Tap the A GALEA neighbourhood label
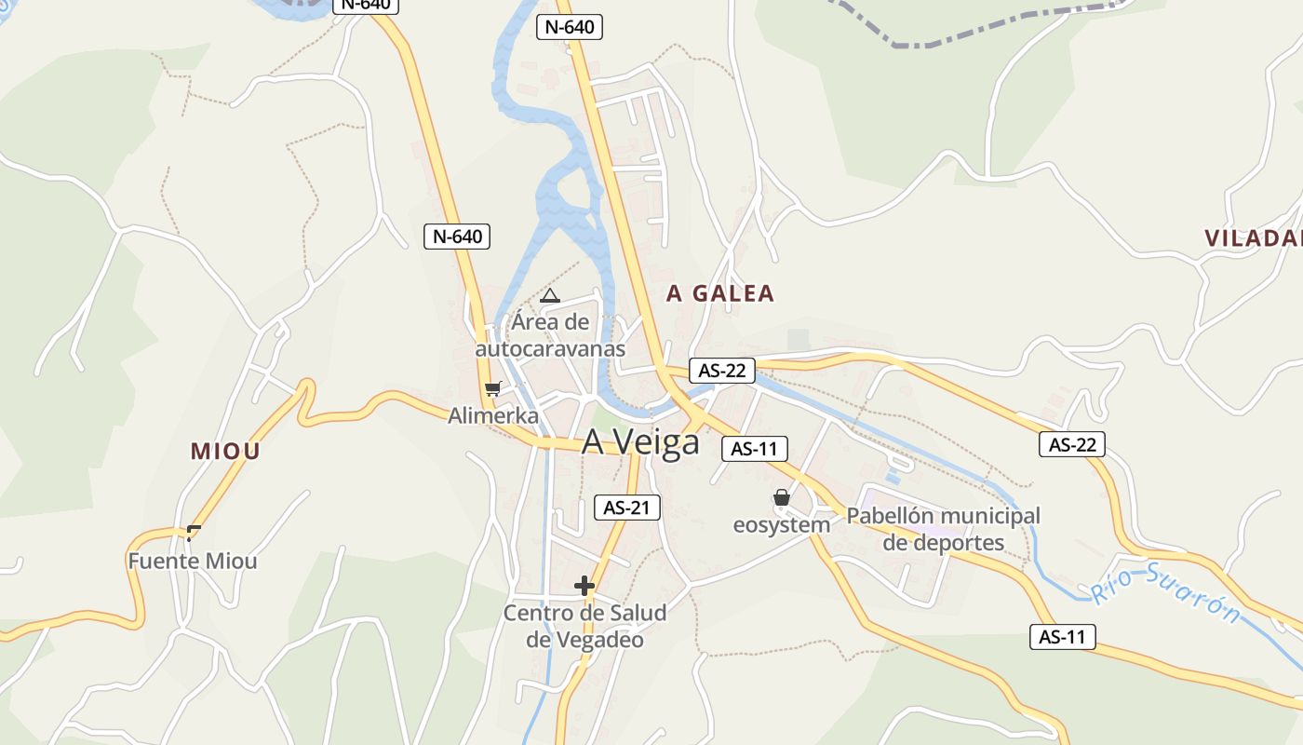720,293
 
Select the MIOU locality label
225,452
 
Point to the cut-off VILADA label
1253,238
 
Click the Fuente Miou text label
193,562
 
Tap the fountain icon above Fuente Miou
194,533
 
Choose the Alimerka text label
493,415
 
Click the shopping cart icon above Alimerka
492,388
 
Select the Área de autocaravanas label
550,335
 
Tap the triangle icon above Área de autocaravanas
549,296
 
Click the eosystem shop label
782,525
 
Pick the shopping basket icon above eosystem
782,498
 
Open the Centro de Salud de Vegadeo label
584,627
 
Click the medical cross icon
584,586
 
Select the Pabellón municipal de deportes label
944,529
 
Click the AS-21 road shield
627,508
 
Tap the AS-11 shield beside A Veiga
755,449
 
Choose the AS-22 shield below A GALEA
722,371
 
